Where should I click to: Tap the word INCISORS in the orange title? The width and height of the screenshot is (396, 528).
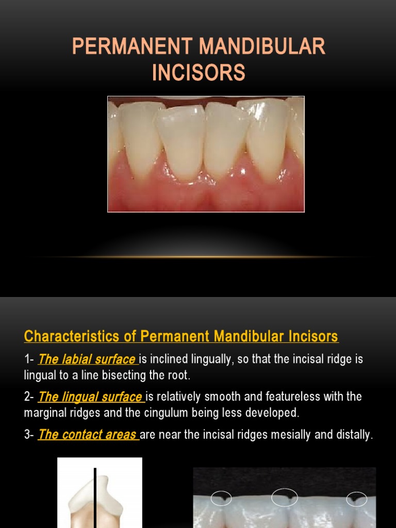coord(199,72)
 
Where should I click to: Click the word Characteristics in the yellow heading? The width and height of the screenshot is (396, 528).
coord(71,336)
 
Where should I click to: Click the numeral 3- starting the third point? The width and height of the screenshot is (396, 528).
coord(29,434)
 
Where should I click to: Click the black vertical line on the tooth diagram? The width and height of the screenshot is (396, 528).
coord(95,498)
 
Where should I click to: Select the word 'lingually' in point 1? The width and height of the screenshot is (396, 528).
coord(212,359)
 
